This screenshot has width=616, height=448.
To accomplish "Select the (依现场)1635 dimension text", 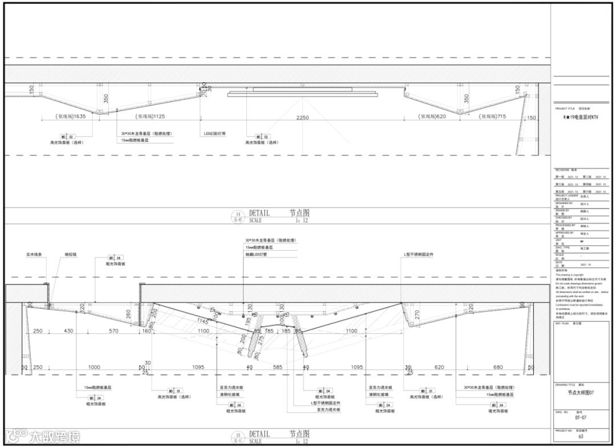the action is coord(71,116).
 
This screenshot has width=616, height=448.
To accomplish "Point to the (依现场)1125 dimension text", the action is coord(150,116).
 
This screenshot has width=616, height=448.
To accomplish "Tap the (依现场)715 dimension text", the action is coord(493,116).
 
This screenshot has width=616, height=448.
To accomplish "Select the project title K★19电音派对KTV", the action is coord(581,117).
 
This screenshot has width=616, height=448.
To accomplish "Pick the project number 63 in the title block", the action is coord(581,437).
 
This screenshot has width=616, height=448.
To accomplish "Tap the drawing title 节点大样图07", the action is coord(580,392).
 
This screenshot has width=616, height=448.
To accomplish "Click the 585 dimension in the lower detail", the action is coord(277,368).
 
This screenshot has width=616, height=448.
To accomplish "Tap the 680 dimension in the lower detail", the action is coord(497,368).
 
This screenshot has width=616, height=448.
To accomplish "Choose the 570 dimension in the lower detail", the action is coord(114,331).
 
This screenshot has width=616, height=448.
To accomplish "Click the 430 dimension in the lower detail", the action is coord(68,331).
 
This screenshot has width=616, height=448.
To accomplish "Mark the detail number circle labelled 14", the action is coord(239,215).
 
